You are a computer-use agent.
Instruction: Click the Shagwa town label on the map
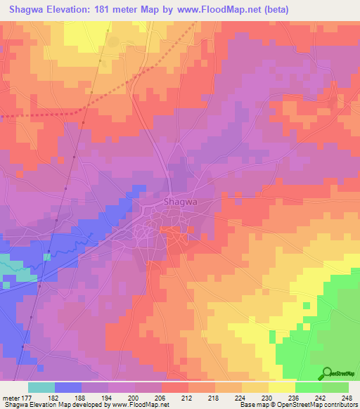point(177,202)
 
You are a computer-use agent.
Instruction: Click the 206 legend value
point(162,397)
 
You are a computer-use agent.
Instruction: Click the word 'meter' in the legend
point(11,397)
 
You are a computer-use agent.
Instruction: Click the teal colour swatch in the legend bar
point(41,387)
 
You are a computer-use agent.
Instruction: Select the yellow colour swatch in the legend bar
point(282,387)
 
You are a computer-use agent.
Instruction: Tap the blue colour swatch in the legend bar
point(68,387)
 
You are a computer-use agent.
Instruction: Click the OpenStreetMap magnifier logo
point(327,373)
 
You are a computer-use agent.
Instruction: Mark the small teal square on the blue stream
point(46,257)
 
